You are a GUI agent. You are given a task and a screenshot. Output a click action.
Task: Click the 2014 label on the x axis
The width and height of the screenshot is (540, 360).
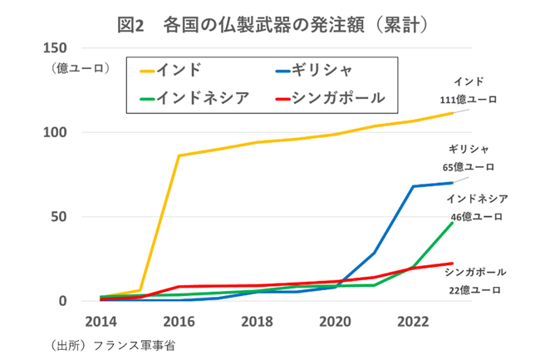tap(101, 321)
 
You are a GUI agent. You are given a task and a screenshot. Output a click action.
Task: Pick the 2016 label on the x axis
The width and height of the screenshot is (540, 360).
tap(179, 321)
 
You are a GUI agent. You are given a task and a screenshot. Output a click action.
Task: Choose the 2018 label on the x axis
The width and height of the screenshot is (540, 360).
tap(258, 321)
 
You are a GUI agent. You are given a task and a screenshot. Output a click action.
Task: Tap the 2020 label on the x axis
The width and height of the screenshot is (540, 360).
tap(336, 321)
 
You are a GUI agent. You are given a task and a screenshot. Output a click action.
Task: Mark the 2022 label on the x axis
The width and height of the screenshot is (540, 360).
tap(413, 321)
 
